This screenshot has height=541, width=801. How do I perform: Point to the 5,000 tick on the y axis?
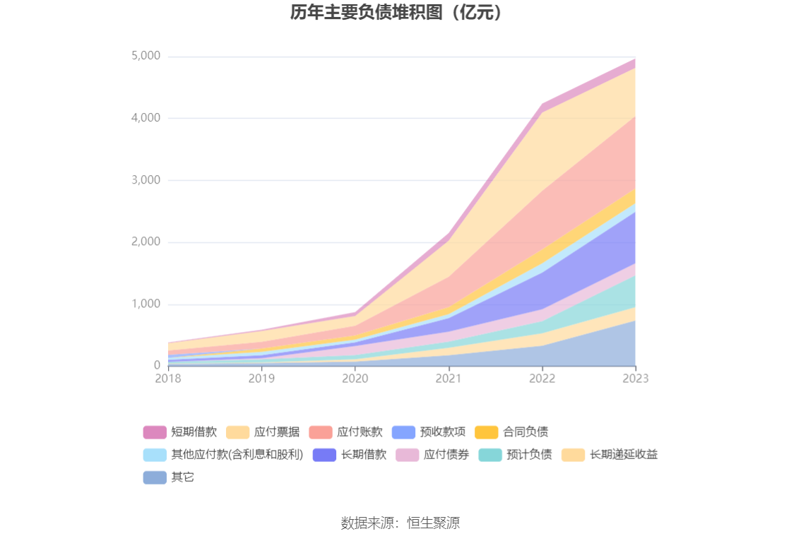tap(146, 56)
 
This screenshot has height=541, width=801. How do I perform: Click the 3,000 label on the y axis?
tap(146, 180)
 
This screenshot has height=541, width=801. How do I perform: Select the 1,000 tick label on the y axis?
tap(146, 304)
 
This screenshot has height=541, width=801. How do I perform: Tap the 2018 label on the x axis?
tap(168, 379)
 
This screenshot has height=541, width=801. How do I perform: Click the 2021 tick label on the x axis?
tap(449, 379)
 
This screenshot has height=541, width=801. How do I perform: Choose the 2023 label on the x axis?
tap(635, 379)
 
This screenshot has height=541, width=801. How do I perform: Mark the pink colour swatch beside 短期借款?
tap(155, 432)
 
